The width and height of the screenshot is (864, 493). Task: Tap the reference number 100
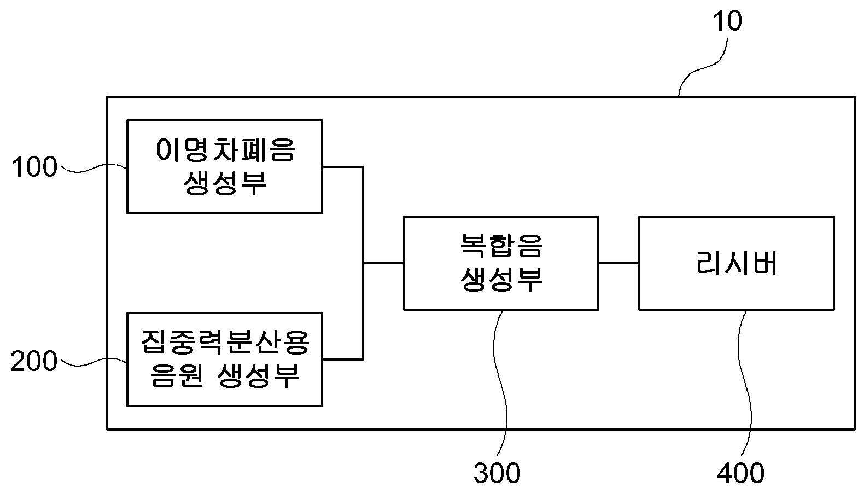pyautogui.click(x=34, y=167)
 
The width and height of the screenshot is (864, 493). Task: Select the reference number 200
pyautogui.click(x=34, y=361)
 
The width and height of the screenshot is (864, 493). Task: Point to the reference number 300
pyautogui.click(x=497, y=473)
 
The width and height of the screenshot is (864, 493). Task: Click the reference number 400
pyautogui.click(x=740, y=473)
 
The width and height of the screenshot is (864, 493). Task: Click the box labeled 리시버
pyautogui.click(x=737, y=263)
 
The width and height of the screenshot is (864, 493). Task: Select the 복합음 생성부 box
pyautogui.click(x=501, y=263)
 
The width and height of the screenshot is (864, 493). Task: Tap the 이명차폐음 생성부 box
pyautogui.click(x=225, y=167)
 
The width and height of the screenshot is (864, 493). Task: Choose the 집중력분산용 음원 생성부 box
pyautogui.click(x=225, y=359)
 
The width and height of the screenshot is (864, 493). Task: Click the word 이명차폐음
pyautogui.click(x=226, y=150)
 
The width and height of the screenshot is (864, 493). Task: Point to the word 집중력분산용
pyautogui.click(x=225, y=343)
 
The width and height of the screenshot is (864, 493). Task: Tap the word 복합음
pyautogui.click(x=501, y=246)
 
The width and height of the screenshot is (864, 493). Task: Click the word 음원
pyautogui.click(x=177, y=375)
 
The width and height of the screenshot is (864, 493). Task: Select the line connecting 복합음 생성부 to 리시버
pyautogui.click(x=618, y=263)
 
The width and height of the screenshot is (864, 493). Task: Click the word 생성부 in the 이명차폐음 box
pyautogui.click(x=225, y=183)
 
